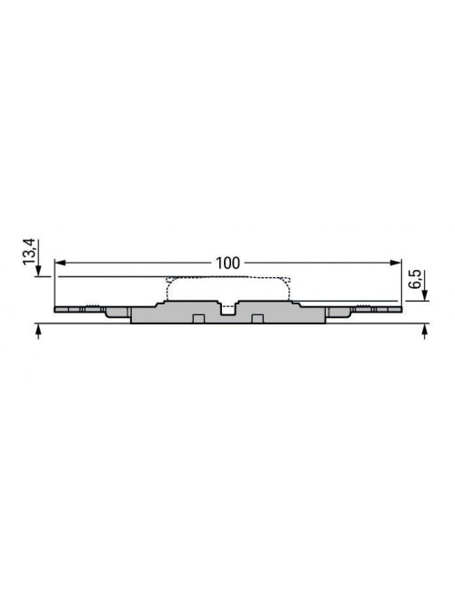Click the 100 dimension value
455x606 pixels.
(x=227, y=263)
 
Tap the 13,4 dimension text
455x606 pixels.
(x=29, y=252)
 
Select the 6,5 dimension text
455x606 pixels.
(x=415, y=279)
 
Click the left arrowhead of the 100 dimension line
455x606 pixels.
(x=60, y=263)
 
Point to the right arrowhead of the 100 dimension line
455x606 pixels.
(x=396, y=263)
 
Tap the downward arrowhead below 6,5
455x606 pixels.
(x=425, y=295)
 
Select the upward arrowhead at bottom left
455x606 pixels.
(x=38, y=329)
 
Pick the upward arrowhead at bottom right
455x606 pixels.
(x=425, y=329)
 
